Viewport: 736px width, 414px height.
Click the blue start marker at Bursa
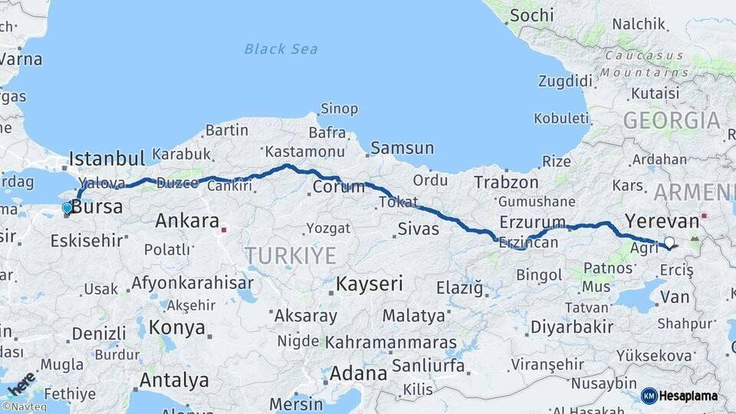click(67, 208)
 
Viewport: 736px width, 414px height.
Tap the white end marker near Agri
click(669, 243)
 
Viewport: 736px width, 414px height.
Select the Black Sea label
click(281, 49)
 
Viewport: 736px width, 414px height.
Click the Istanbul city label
click(107, 159)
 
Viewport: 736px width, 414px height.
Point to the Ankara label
click(187, 221)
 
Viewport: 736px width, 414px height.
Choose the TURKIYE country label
click(291, 255)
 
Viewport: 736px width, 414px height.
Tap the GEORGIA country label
click(671, 120)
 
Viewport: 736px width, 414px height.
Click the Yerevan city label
click(662, 221)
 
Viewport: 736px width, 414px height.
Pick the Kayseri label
click(370, 284)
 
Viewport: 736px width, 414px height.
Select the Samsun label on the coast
click(402, 148)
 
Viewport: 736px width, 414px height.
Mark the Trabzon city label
click(506, 182)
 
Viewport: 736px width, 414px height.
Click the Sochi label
click(531, 15)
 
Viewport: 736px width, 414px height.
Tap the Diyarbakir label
click(572, 327)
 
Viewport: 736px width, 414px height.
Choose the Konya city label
click(177, 328)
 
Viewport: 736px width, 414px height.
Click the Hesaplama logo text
click(688, 396)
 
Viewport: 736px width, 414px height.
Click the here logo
click(20, 381)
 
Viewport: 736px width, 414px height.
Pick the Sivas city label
click(419, 228)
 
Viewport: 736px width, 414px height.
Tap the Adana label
click(358, 374)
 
